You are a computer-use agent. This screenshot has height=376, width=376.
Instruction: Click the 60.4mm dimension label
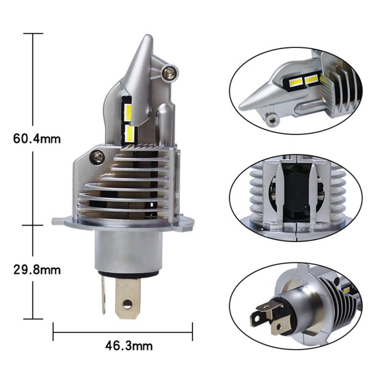tap(36, 138)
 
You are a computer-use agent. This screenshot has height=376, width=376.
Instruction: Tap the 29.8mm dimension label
tap(36, 270)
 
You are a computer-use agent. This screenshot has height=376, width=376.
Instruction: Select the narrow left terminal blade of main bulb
tap(103, 296)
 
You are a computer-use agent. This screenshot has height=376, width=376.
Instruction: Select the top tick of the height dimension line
tap(33, 33)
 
